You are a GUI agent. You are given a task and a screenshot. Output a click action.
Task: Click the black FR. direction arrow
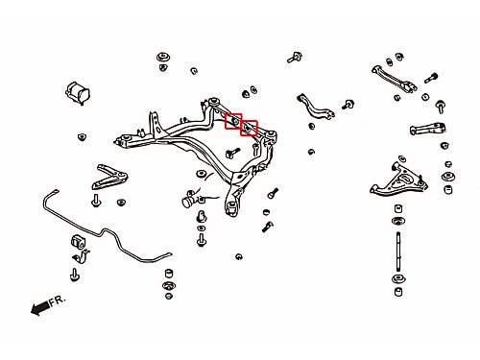pyautogui.click(x=40, y=308)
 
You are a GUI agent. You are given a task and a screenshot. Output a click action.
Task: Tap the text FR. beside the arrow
pyautogui.click(x=58, y=300)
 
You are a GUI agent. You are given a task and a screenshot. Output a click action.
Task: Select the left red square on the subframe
pyautogui.click(x=233, y=121)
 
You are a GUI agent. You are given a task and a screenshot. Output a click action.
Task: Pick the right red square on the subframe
pyautogui.click(x=249, y=128)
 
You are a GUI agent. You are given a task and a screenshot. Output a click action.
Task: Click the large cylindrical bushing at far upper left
pyautogui.click(x=78, y=93)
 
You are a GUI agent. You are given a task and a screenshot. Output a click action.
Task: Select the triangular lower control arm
pyautogui.click(x=398, y=181)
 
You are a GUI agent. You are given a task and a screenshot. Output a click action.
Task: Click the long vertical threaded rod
pyautogui.click(x=398, y=252)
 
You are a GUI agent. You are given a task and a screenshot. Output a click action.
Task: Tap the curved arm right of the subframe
pyautogui.click(x=315, y=107)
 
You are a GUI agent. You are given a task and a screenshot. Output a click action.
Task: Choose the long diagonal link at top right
pyautogui.click(x=395, y=79)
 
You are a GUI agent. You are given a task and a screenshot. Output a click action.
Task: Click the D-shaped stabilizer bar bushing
pyautogui.click(x=77, y=241)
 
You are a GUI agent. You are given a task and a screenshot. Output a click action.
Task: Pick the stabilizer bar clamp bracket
pyautogui.click(x=81, y=256)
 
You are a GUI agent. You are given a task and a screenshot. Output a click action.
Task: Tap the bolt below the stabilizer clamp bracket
pyautogui.click(x=75, y=275)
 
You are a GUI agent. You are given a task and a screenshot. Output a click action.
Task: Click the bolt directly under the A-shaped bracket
pyautogui.click(x=96, y=201)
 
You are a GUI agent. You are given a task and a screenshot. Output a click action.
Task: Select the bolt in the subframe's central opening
pyautogui.click(x=232, y=153)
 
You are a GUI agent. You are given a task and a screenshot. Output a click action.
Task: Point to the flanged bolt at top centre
pyautogui.click(x=295, y=58)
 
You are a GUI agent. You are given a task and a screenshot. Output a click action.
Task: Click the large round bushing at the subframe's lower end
pyautogui.click(x=232, y=206)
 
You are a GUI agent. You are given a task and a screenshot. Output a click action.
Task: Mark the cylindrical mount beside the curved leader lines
pyautogui.click(x=189, y=199)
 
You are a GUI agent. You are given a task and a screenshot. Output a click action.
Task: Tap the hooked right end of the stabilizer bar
pyautogui.click(x=166, y=256)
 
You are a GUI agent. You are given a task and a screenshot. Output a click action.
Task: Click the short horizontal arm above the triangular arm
pyautogui.click(x=428, y=129)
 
